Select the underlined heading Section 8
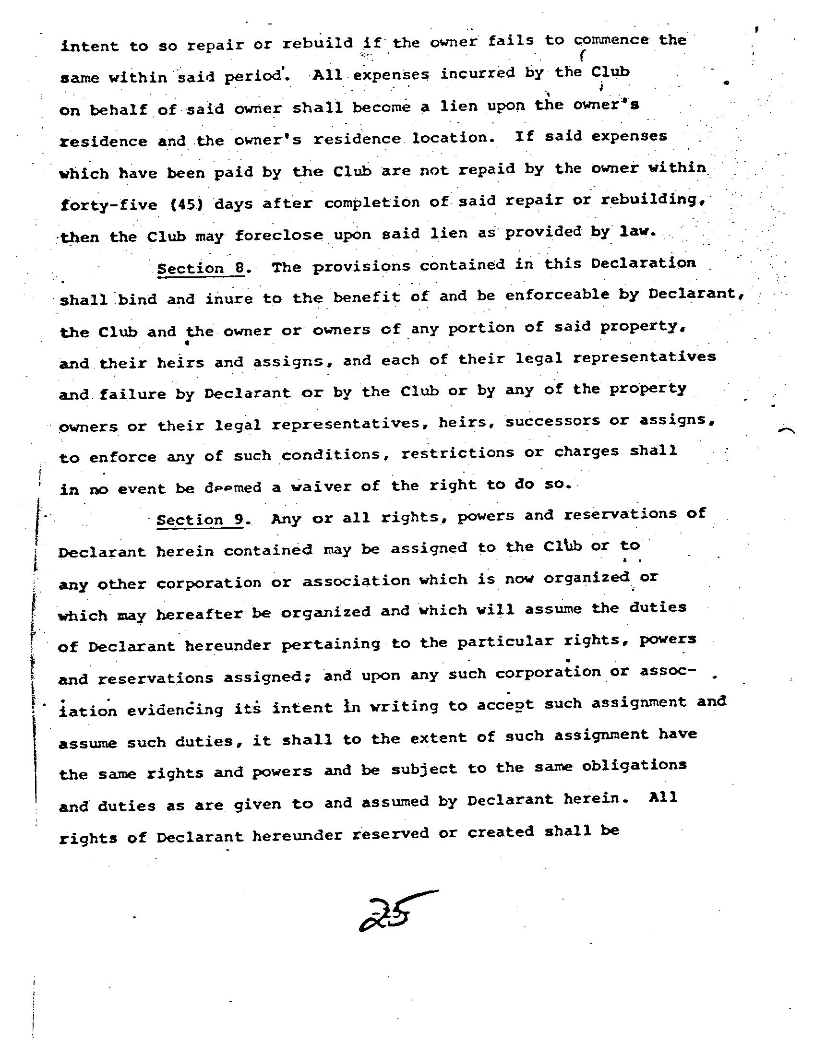coord(201,268)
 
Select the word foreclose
coord(279,236)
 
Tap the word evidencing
coord(175,710)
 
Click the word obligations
coord(634,766)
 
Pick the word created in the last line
coord(501,831)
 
